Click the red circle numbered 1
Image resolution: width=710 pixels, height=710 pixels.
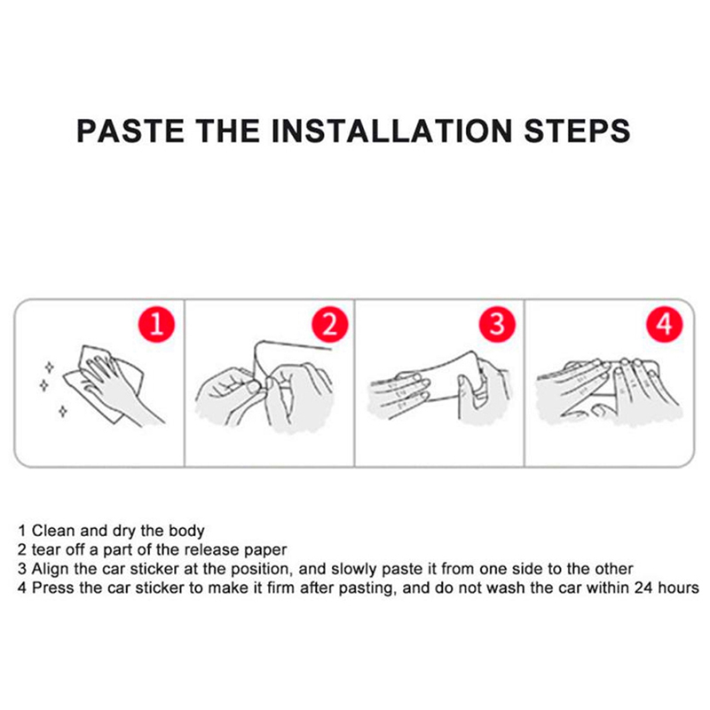(156, 324)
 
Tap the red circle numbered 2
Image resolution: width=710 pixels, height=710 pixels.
(329, 324)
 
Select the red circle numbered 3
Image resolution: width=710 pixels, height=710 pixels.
(497, 324)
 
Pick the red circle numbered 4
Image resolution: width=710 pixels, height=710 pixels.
(664, 324)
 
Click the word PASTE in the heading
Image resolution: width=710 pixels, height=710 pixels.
(130, 131)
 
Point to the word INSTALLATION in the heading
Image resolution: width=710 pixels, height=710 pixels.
(391, 131)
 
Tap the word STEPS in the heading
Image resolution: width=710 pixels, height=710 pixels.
(577, 131)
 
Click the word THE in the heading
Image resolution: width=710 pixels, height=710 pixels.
(228, 131)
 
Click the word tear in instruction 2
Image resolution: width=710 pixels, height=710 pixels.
(46, 549)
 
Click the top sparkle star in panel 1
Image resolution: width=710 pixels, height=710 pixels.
(50, 367)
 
